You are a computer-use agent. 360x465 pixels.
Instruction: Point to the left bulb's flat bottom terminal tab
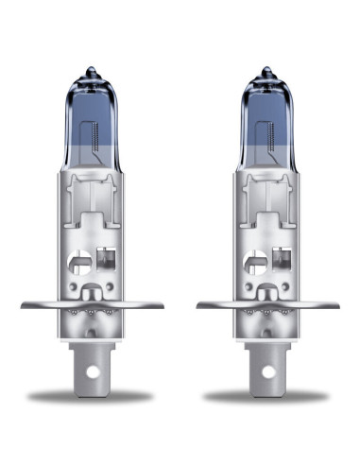(x=91, y=373)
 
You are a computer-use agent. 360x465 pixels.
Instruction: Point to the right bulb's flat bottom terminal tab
(x=267, y=373)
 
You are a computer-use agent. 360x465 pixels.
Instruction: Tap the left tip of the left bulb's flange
(x=23, y=304)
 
